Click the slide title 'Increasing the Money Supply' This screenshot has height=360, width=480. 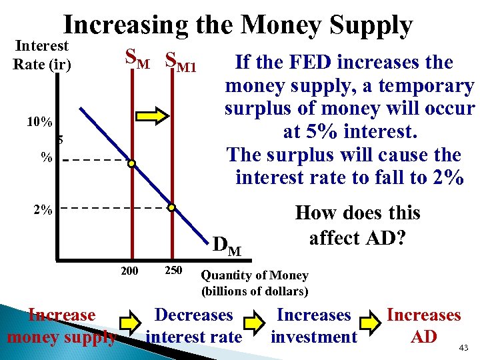pyautogui.click(x=238, y=25)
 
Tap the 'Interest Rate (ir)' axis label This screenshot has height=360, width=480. pyautogui.click(x=41, y=55)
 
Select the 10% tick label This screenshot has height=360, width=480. pyautogui.click(x=39, y=123)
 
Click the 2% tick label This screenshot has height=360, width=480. pyautogui.click(x=42, y=209)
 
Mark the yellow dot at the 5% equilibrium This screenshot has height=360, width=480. pyautogui.click(x=132, y=163)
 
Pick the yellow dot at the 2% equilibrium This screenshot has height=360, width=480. pyautogui.click(x=171, y=208)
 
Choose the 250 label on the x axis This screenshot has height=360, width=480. pyautogui.click(x=173, y=271)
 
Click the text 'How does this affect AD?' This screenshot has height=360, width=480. pyautogui.click(x=357, y=225)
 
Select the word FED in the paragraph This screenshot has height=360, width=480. pyautogui.click(x=311, y=63)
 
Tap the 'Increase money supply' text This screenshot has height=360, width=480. pyautogui.click(x=61, y=325)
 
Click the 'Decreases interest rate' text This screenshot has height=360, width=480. pyautogui.click(x=193, y=325)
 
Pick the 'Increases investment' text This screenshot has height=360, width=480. pyautogui.click(x=313, y=325)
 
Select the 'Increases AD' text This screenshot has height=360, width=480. pyautogui.click(x=424, y=325)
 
